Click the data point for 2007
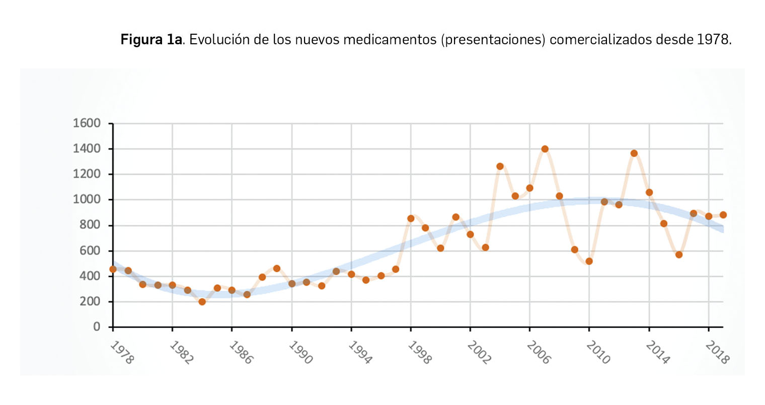point(545,149)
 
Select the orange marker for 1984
point(202,302)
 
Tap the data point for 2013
point(634,153)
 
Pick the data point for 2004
point(500,166)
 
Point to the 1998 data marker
point(411,218)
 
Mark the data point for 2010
point(589,261)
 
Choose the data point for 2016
point(679,255)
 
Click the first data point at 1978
point(113,269)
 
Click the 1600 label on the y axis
point(87,123)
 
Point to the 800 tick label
point(90,225)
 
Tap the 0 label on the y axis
point(97,327)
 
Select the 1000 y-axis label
point(87,200)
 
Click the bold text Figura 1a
point(151,39)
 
